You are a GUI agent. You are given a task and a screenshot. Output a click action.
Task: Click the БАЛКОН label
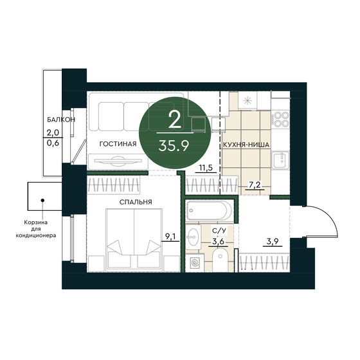[x=61, y=120]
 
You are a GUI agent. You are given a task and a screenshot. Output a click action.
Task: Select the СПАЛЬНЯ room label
[x=134, y=202]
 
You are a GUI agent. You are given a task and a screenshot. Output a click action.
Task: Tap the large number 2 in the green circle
[x=173, y=119]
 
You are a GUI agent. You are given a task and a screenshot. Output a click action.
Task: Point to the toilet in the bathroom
[x=219, y=262]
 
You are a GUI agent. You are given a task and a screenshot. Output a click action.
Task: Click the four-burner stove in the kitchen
[x=280, y=119]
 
